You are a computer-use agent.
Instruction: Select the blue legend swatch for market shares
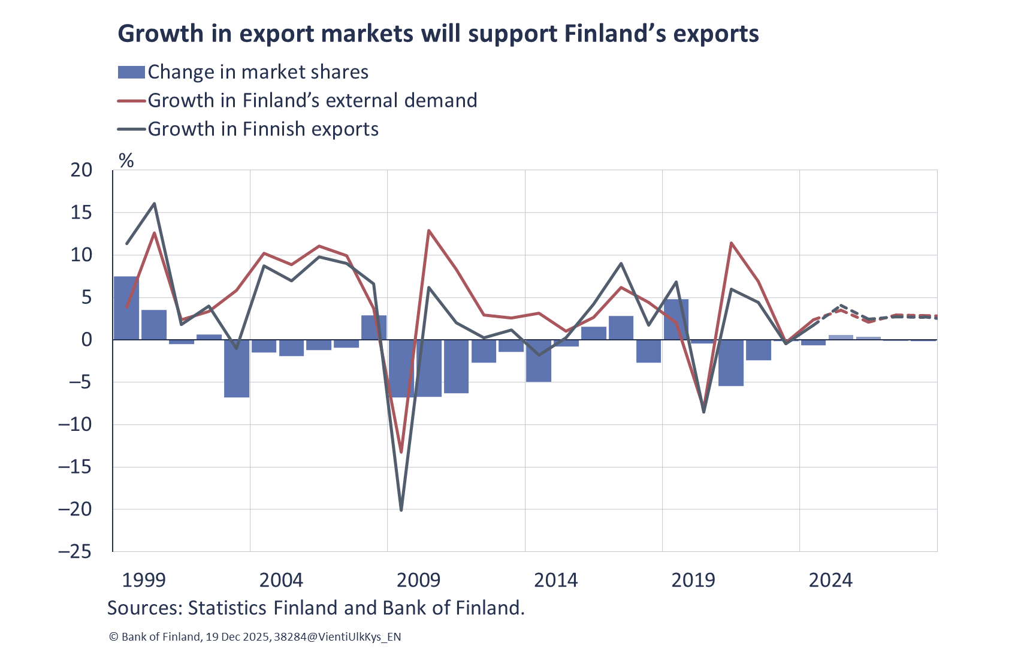pos(131,73)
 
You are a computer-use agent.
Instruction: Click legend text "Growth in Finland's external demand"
pos(312,101)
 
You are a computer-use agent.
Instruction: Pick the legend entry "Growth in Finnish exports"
pos(263,129)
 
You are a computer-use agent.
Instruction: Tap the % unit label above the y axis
pos(126,160)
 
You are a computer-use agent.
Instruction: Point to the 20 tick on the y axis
pos(81,170)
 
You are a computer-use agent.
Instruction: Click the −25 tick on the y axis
pos(75,551)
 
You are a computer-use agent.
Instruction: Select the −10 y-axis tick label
pos(75,424)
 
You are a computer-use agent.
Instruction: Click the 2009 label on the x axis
pos(418,580)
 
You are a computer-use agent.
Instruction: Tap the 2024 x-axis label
pos(830,580)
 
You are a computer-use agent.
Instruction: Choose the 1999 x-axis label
pos(144,580)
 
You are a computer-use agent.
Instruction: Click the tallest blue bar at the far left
pos(126,308)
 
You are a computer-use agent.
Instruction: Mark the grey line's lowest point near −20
pos(401,509)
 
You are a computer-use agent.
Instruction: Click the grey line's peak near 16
pos(155,203)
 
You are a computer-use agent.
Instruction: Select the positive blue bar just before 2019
pos(676,319)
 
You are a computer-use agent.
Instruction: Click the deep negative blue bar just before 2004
pos(237,369)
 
